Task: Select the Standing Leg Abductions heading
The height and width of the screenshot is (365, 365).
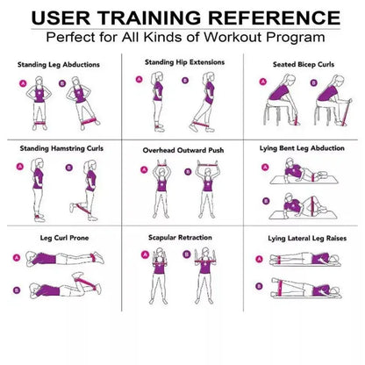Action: tap(60, 64)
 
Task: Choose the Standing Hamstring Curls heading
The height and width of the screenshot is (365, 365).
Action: tap(61, 148)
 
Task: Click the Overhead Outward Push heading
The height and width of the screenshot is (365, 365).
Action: tap(182, 150)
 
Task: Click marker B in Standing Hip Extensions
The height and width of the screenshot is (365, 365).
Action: tap(184, 79)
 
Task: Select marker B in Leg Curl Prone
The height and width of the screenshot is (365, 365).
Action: tap(18, 289)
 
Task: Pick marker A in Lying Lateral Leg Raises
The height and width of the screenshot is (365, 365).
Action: tap(258, 259)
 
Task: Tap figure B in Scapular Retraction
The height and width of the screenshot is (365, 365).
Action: tap(209, 272)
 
